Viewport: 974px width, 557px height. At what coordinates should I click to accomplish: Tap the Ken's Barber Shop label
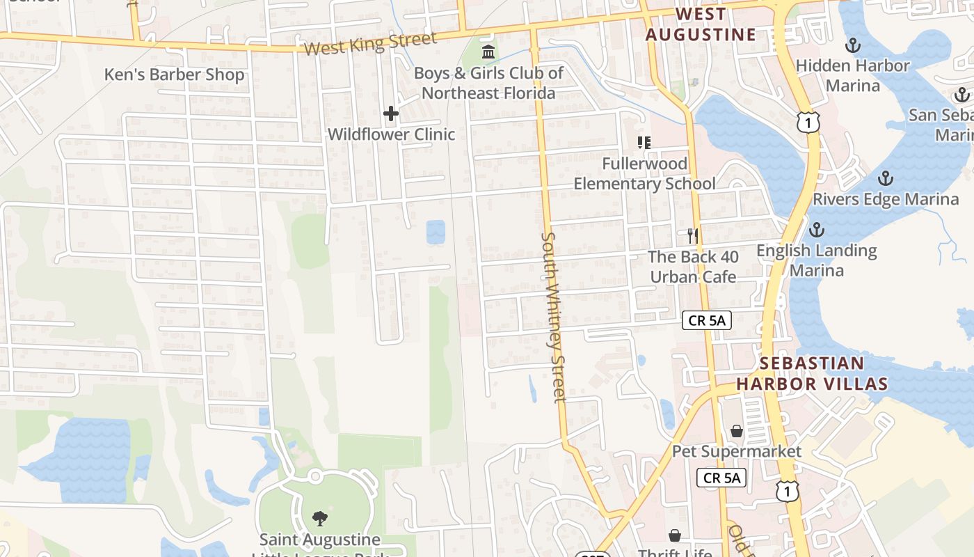point(174,74)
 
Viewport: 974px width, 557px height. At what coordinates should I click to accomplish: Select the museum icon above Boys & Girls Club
point(489,52)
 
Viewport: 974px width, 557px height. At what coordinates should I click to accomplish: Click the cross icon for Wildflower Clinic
point(391,113)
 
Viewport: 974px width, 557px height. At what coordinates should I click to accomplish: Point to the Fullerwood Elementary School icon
point(644,143)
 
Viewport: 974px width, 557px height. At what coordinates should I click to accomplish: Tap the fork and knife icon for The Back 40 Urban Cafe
point(692,235)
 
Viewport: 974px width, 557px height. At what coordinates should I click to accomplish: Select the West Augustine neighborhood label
point(701,24)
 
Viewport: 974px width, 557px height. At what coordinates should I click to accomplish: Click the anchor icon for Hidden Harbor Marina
point(852,46)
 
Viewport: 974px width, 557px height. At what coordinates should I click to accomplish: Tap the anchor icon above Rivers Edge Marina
point(886,178)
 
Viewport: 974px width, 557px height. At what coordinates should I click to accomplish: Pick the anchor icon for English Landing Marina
point(816,229)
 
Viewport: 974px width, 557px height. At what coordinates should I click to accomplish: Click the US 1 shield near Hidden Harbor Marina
point(808,123)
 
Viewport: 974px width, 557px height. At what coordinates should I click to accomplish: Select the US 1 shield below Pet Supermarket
point(788,491)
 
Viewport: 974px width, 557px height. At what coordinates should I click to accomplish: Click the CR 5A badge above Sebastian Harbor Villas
point(706,320)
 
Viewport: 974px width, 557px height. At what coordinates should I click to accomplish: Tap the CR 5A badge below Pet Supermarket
point(721,478)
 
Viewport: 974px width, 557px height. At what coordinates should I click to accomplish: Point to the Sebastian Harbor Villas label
point(812,373)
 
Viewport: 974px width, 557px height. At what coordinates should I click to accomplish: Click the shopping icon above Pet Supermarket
point(737,431)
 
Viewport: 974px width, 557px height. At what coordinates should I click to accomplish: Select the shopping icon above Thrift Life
point(674,535)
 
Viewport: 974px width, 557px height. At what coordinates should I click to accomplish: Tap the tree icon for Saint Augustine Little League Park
point(320,518)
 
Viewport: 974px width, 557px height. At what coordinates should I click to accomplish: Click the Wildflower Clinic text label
point(391,134)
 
